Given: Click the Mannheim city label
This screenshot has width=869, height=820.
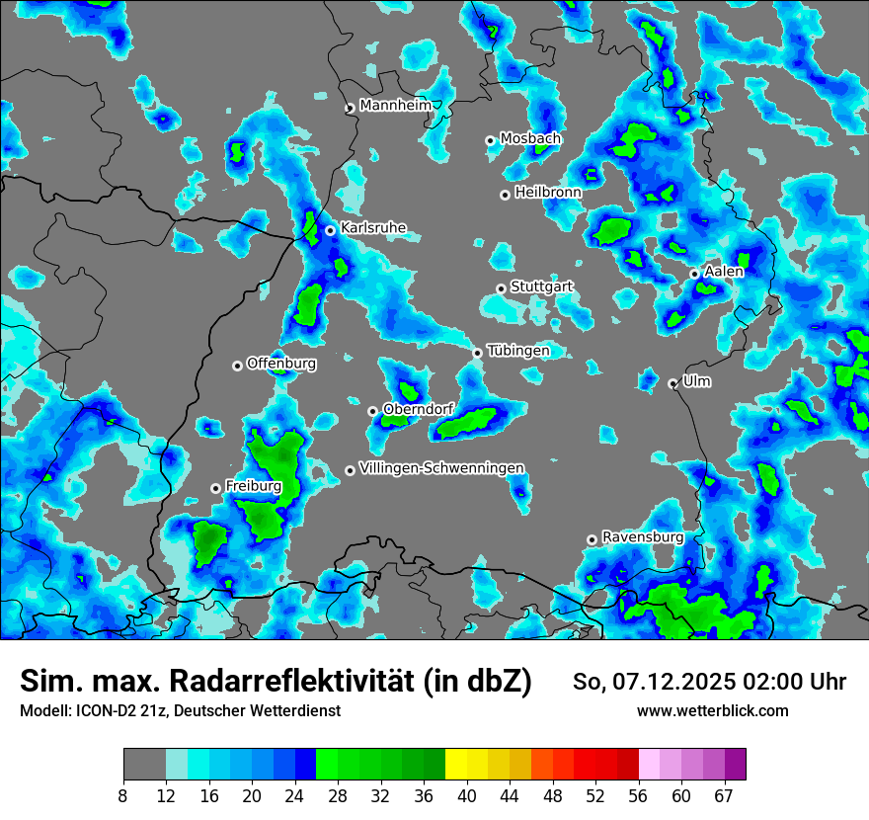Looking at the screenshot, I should (396, 106).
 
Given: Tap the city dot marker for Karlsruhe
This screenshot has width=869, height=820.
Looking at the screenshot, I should (331, 230).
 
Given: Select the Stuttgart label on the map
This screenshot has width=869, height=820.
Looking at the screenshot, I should (541, 287).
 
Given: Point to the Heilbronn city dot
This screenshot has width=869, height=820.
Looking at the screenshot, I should (505, 195).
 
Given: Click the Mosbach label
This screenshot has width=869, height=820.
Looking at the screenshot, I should (530, 139).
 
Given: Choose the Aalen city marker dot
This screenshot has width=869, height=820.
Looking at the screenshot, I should (694, 274).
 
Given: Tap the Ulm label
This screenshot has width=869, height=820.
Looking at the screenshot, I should (696, 381).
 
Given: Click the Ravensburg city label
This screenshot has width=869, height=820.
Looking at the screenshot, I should (643, 537).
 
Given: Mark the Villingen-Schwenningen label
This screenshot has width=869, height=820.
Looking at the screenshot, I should (441, 468).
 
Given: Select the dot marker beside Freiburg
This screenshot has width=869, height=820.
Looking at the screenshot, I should (215, 488).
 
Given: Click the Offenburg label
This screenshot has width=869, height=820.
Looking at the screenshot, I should (281, 364).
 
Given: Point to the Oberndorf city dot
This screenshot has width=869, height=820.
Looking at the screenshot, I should (372, 411).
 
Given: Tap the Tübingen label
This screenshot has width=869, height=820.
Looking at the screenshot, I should (518, 351).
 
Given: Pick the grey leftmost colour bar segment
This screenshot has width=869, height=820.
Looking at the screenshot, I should (144, 765).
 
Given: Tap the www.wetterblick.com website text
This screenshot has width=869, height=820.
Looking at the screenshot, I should (713, 710).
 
